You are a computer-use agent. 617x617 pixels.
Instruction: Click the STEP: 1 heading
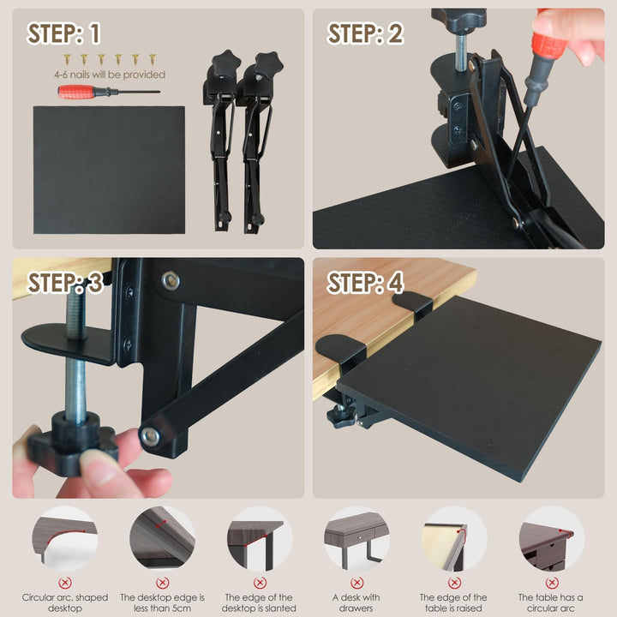tap(63, 33)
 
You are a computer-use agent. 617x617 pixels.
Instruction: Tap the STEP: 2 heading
tap(365, 33)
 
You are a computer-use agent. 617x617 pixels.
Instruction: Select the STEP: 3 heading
tap(65, 283)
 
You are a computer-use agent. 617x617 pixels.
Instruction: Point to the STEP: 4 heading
tap(365, 283)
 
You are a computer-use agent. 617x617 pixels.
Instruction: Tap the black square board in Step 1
tap(109, 170)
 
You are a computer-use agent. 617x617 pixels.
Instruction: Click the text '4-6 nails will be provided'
tap(110, 75)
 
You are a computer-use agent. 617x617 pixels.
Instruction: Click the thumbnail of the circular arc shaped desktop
tap(64, 538)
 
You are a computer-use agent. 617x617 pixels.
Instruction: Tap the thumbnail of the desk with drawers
tap(356, 538)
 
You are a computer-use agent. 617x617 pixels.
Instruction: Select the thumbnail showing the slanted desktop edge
tap(260, 538)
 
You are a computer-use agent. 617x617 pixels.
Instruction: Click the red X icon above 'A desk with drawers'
tap(356, 583)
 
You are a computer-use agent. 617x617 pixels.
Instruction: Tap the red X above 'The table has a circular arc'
tap(551, 583)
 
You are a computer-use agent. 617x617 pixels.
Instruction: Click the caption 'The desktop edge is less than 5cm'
tap(162, 602)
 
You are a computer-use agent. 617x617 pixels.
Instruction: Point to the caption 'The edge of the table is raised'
tap(453, 602)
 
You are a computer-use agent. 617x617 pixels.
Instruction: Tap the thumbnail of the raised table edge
tap(454, 538)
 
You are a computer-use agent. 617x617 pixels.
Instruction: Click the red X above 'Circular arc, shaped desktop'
tap(65, 583)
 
